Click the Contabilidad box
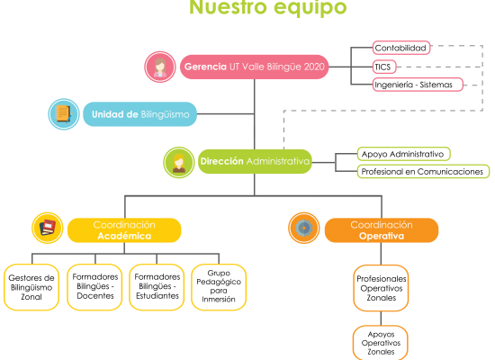tap(401, 48)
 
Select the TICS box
tap(384, 67)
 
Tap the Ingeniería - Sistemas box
tap(418, 85)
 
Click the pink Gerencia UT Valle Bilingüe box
tap(254, 67)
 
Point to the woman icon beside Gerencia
tap(160, 67)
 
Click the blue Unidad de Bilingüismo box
tap(139, 114)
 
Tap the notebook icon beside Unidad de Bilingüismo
tap(64, 114)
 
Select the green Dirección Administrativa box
tap(255, 161)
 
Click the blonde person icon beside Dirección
tap(179, 162)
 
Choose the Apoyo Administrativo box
tap(404, 154)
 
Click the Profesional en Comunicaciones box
tap(423, 172)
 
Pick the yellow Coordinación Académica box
tap(124, 230)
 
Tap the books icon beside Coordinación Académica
tap(48, 228)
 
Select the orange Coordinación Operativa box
tap(382, 230)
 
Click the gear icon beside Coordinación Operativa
tap(303, 228)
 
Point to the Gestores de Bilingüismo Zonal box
tap(31, 287)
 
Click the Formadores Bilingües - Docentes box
tap(94, 287)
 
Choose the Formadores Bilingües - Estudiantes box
tap(157, 287)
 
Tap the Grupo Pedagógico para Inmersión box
tap(219, 287)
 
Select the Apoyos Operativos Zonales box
tap(381, 343)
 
